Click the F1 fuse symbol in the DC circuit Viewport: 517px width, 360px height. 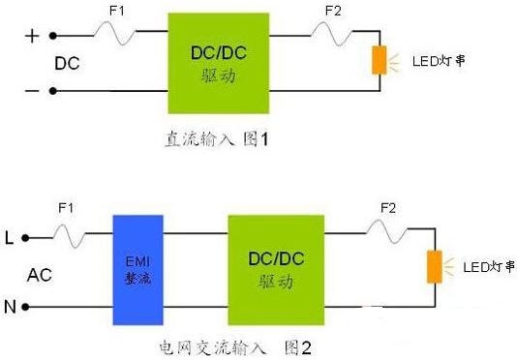pyautogui.click(x=115, y=33)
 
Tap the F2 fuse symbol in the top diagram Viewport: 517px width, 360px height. pyautogui.click(x=331, y=33)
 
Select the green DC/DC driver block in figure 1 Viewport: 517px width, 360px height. pyautogui.click(x=219, y=63)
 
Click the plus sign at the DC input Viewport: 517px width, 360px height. pyautogui.click(x=32, y=36)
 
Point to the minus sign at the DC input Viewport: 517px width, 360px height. pyautogui.click(x=32, y=91)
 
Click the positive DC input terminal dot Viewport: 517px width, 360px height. pyautogui.click(x=52, y=36)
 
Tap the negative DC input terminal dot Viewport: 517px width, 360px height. pyautogui.click(x=52, y=91)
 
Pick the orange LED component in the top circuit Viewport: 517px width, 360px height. pyautogui.click(x=380, y=60)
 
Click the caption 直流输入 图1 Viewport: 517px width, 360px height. pyautogui.click(x=217, y=138)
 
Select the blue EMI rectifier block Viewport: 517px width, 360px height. pyautogui.click(x=137, y=270)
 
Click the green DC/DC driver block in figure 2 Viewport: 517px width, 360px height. pyautogui.click(x=276, y=270)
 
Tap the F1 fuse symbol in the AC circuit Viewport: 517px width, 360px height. pyautogui.click(x=70, y=235)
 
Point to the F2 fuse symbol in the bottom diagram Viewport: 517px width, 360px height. pyautogui.click(x=386, y=231)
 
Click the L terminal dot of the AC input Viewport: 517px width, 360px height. pyautogui.click(x=25, y=238)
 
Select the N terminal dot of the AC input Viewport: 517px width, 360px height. pyautogui.click(x=25, y=307)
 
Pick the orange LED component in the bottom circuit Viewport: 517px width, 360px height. pyautogui.click(x=435, y=267)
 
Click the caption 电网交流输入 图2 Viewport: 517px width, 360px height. pyautogui.click(x=235, y=347)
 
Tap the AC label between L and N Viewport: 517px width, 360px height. pyautogui.click(x=40, y=275)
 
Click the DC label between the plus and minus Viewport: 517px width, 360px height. pyautogui.click(x=67, y=63)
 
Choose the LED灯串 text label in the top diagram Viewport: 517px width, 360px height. pyautogui.click(x=439, y=61)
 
